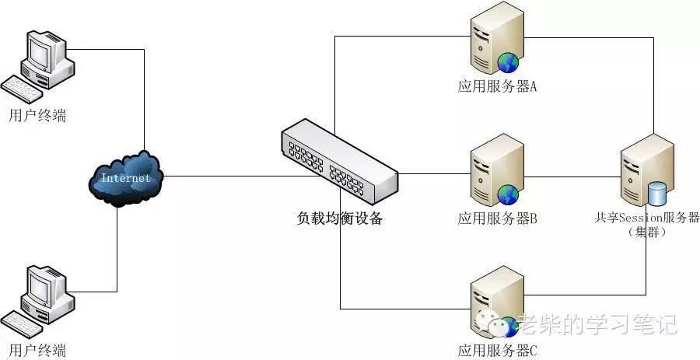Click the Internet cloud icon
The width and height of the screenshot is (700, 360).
[126, 178]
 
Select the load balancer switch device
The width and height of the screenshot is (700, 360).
[339, 161]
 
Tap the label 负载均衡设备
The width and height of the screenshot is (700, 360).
[340, 218]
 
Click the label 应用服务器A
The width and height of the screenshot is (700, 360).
[497, 86]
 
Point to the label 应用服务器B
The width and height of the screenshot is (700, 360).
[497, 218]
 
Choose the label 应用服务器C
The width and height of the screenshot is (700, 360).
[497, 350]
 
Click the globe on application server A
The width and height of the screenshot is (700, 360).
[508, 63]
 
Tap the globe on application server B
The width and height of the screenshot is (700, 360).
[508, 195]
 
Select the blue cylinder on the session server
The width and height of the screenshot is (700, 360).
[656, 193]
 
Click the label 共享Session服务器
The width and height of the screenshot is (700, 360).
[646, 218]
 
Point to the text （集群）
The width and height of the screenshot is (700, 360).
[647, 232]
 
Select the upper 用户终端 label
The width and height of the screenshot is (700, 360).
[38, 116]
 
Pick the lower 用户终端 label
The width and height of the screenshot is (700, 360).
[38, 349]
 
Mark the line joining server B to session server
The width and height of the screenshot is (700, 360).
[572, 177]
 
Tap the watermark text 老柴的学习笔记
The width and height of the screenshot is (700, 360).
[597, 324]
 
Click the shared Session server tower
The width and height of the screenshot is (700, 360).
[647, 170]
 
